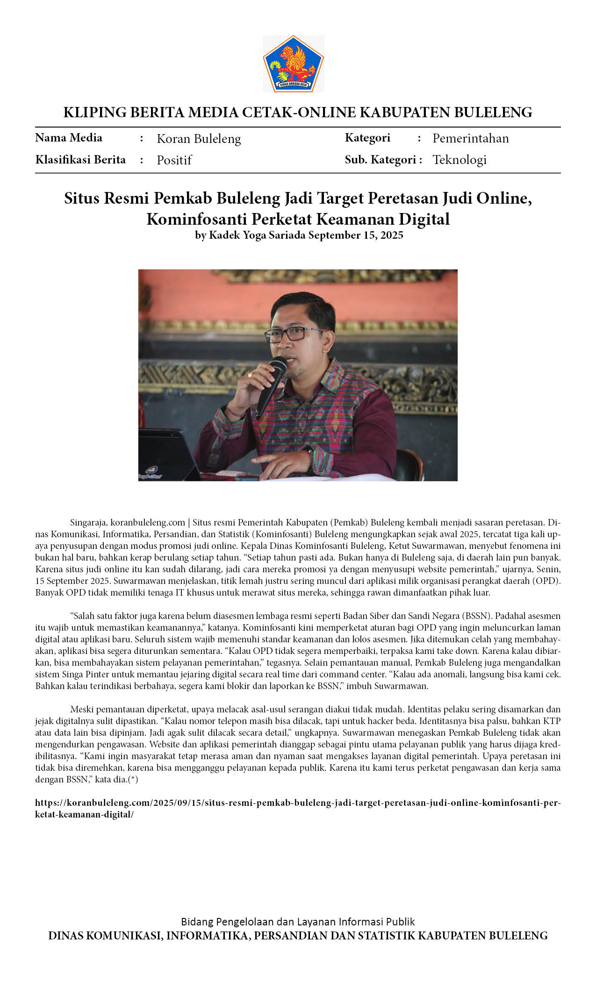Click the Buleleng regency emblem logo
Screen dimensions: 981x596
[x=293, y=63]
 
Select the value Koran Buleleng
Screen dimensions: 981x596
[x=199, y=139]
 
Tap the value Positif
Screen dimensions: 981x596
[x=174, y=160]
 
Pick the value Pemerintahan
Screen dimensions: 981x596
[x=470, y=138]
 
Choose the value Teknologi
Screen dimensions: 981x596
[x=459, y=160]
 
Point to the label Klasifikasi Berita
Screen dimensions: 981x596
[x=80, y=160]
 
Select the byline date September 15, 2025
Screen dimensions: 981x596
[x=355, y=235]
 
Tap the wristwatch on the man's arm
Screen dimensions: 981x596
[x=309, y=450]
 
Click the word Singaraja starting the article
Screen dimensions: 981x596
[x=89, y=522]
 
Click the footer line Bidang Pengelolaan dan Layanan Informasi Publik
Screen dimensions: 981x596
[x=298, y=922]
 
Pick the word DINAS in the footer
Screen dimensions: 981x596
[x=66, y=936]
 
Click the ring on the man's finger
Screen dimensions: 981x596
[x=250, y=374]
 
